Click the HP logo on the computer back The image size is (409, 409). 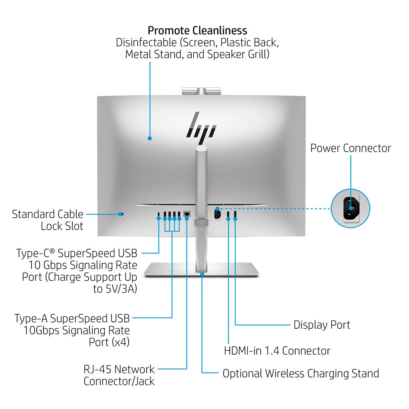coord(202,128)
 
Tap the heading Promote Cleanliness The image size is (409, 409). coord(197,30)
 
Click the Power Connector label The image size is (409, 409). coord(351,148)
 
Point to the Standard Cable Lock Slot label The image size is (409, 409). coord(48,220)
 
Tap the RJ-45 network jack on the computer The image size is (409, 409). coord(187,214)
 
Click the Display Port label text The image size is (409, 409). coord(322,325)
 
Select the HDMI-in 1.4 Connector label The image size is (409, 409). coord(277,351)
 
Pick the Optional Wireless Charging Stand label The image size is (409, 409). coord(300,373)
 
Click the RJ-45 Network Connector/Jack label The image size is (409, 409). coord(119,375)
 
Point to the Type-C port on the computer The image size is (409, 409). coord(159,215)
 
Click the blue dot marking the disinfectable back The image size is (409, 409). coord(150,138)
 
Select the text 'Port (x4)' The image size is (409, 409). coord(109,342)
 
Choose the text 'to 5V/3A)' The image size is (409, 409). coord(115,289)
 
